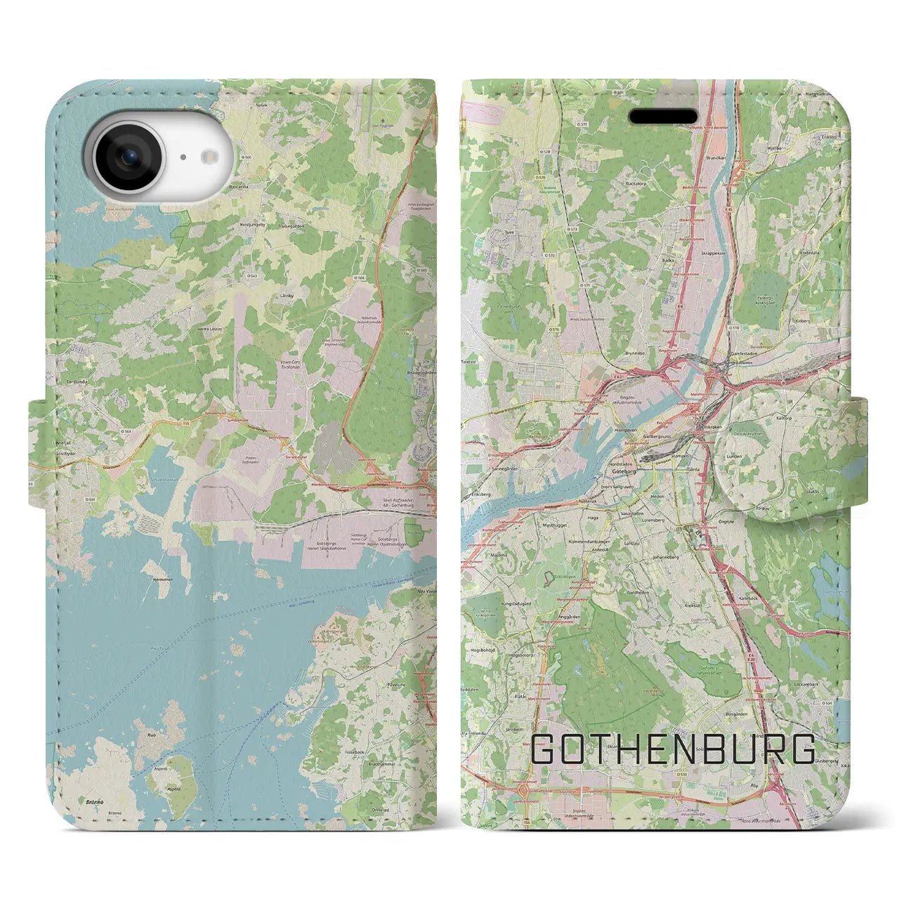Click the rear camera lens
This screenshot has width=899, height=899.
tap(128, 157)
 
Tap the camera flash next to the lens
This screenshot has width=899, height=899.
tap(183, 157)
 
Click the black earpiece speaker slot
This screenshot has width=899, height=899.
tap(662, 116)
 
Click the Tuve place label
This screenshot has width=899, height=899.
tap(511, 230)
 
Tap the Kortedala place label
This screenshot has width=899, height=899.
tap(808, 253)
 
